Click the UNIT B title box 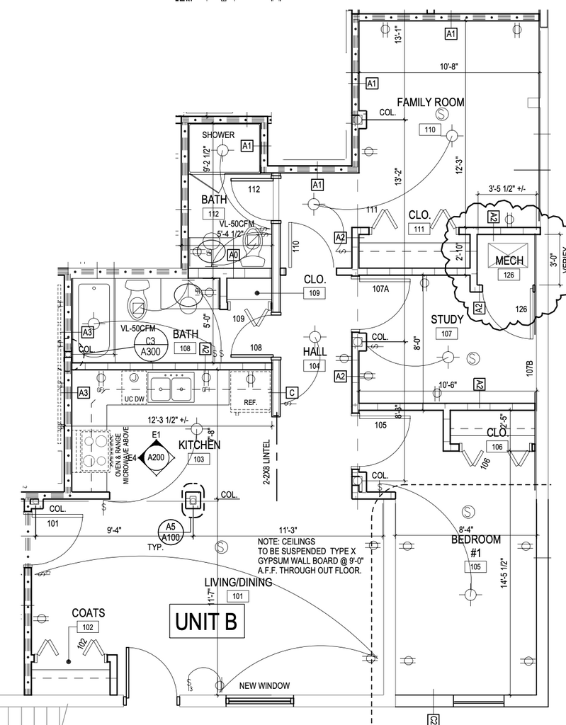205,623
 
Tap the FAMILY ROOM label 430,103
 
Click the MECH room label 509,261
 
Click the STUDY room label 447,319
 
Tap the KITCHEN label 199,445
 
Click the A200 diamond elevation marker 155,457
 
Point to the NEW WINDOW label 265,685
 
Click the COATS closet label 89,612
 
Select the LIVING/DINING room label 238,583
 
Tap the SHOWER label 218,135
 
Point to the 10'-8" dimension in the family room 449,67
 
